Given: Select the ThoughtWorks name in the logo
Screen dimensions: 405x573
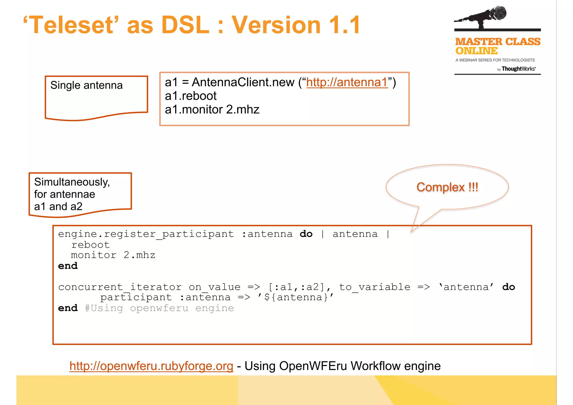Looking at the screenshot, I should pyautogui.click(x=518, y=69).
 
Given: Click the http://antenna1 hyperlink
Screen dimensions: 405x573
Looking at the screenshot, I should pyautogui.click(x=347, y=82).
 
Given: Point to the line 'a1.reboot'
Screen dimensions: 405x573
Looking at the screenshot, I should pyautogui.click(x=191, y=96).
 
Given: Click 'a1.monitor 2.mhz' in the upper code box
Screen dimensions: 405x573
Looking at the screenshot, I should pyautogui.click(x=212, y=109).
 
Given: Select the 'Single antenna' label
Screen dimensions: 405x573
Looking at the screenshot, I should pyautogui.click(x=86, y=85).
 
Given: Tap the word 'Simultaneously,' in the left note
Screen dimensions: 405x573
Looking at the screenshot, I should pyautogui.click(x=72, y=182).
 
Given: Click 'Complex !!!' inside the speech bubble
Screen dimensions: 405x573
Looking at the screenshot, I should pyautogui.click(x=447, y=187).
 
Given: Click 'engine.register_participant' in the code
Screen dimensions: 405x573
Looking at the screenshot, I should pyautogui.click(x=146, y=234).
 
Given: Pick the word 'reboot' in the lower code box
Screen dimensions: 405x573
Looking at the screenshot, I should pyautogui.click(x=90, y=245).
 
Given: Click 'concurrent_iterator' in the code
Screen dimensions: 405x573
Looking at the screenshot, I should pyautogui.click(x=120, y=287).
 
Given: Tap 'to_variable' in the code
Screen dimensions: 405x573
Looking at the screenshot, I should pyautogui.click(x=374, y=287).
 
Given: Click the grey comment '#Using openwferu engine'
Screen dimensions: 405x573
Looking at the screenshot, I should pyautogui.click(x=159, y=308).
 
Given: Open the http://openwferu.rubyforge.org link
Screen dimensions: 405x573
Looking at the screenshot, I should pyautogui.click(x=151, y=366).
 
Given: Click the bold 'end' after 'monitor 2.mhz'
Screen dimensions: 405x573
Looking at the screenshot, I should pyautogui.click(x=68, y=266).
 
